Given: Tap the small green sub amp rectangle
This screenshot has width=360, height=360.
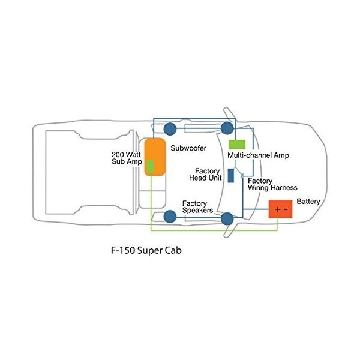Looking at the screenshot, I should click(x=151, y=166).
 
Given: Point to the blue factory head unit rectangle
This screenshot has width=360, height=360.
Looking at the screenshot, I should click(x=231, y=175).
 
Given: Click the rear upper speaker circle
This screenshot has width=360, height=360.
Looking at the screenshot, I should click(x=170, y=128).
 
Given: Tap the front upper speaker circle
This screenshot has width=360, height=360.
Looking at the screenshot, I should click(x=227, y=128).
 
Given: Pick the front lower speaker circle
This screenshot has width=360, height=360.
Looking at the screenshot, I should click(x=227, y=219).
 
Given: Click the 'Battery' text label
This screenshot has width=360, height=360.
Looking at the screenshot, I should click(x=308, y=201).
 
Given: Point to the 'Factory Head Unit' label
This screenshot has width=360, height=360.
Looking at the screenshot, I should click(x=205, y=174).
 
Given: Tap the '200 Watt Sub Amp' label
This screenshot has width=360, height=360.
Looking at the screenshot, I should click(x=126, y=158).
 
